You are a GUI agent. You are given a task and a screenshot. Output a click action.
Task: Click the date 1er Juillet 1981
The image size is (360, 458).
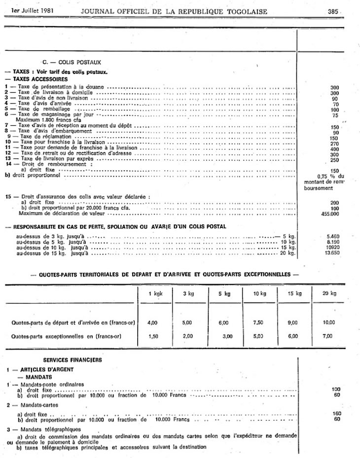coord(27,11)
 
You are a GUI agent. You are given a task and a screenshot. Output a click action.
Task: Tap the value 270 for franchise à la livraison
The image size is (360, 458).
coord(334,143)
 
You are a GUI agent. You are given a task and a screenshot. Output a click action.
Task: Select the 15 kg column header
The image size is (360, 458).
coord(293,294)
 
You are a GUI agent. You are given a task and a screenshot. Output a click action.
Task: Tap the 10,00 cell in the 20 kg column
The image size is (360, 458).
coord(329,322)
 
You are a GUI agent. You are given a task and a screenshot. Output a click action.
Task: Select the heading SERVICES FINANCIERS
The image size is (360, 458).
coord(72,360)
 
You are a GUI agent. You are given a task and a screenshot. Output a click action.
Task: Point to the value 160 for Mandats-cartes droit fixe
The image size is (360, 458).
coord(337,414)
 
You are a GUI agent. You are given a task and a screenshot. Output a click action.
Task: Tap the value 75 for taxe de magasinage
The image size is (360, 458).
coord(335,114)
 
